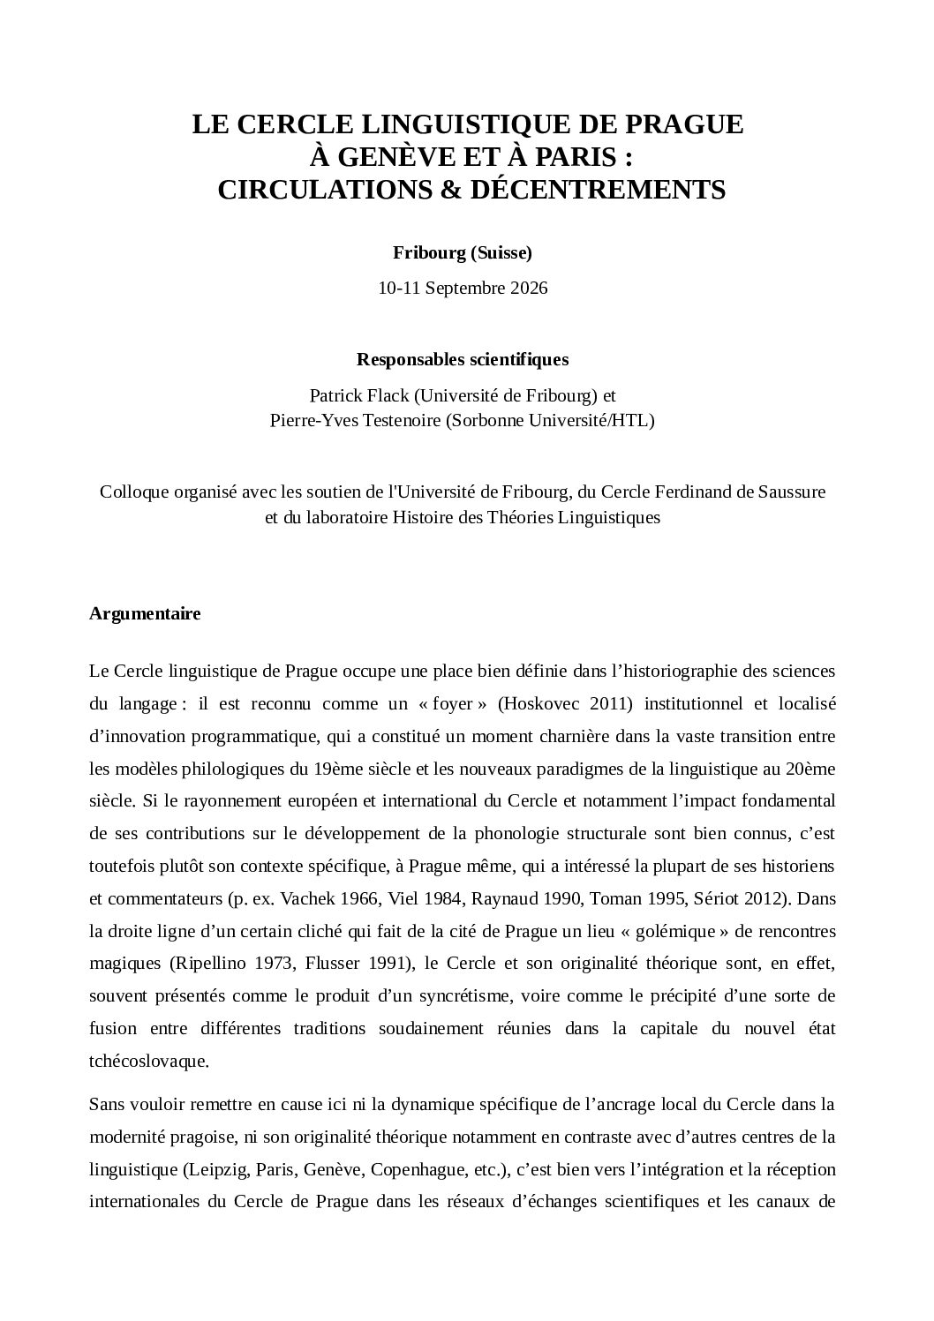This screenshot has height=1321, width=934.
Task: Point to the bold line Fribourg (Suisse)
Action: click(x=463, y=253)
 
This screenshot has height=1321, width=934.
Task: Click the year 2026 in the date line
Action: click(x=529, y=289)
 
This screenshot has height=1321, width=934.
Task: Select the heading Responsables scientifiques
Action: click(x=463, y=359)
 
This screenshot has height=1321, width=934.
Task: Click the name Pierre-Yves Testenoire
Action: click(x=355, y=421)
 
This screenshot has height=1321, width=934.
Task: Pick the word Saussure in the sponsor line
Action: click(x=792, y=492)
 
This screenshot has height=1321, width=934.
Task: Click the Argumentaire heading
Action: click(x=145, y=614)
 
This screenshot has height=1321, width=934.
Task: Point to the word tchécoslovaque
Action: click(x=149, y=1062)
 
